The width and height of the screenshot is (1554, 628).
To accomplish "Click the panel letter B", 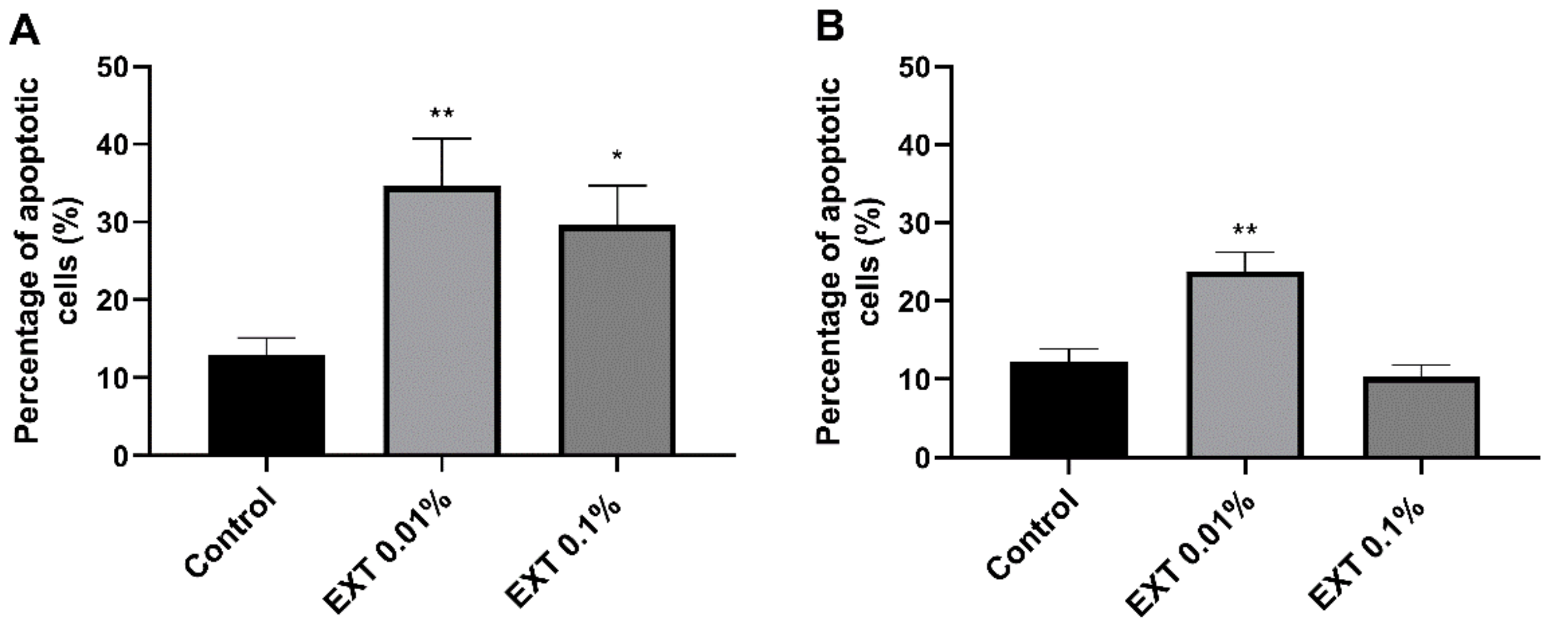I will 830,29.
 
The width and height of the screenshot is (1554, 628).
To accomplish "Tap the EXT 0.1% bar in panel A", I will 616,340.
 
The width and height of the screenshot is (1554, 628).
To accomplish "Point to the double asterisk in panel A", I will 442,113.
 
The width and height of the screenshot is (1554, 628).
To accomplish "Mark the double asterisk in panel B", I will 1245,230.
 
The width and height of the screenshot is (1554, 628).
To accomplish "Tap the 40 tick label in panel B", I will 916,145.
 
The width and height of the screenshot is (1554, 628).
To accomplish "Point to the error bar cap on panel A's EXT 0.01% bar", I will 442,139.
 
